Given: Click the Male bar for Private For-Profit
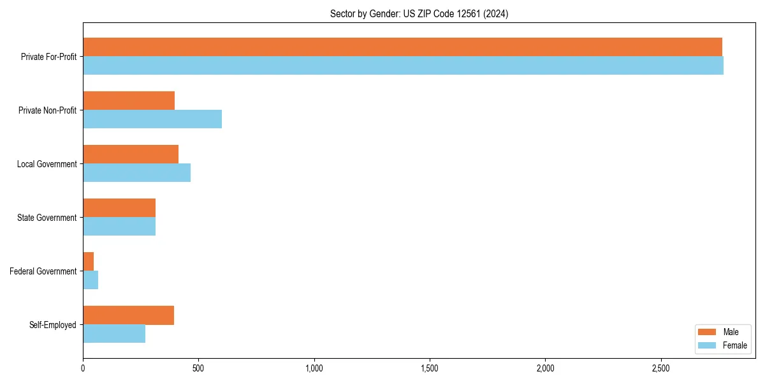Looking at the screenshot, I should [x=402, y=47].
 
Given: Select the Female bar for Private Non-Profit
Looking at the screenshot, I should [x=152, y=119].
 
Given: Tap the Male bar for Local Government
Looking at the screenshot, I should [x=131, y=154].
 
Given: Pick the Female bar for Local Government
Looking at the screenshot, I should [x=136, y=173].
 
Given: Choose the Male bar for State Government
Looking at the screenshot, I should [x=119, y=208].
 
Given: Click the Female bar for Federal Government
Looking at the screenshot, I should [x=91, y=280].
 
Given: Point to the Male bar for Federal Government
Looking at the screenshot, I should [x=89, y=262].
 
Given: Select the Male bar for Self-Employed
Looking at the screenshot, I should [x=128, y=315].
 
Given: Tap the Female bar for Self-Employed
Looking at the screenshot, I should [x=114, y=334].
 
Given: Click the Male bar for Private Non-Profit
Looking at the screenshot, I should [x=129, y=101].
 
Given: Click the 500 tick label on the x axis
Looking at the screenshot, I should [x=198, y=368].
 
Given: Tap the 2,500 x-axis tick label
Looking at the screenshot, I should [x=661, y=368].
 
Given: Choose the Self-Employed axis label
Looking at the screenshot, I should [x=52, y=325].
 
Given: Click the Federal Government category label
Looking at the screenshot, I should [x=43, y=271].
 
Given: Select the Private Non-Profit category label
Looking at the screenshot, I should [x=48, y=110].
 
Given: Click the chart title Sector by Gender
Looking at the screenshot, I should [x=419, y=14].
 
